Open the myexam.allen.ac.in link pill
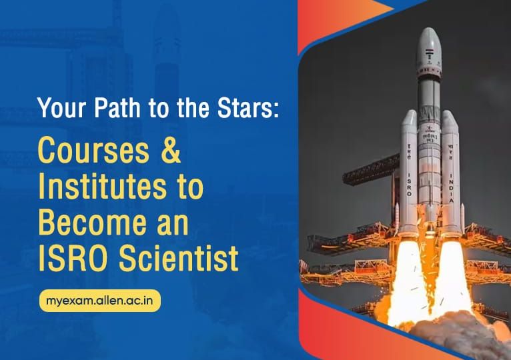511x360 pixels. pos(99,299)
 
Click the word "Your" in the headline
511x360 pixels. pos(59,108)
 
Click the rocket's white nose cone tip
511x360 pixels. pos(430,31)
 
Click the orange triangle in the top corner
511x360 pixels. pos(380,8)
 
